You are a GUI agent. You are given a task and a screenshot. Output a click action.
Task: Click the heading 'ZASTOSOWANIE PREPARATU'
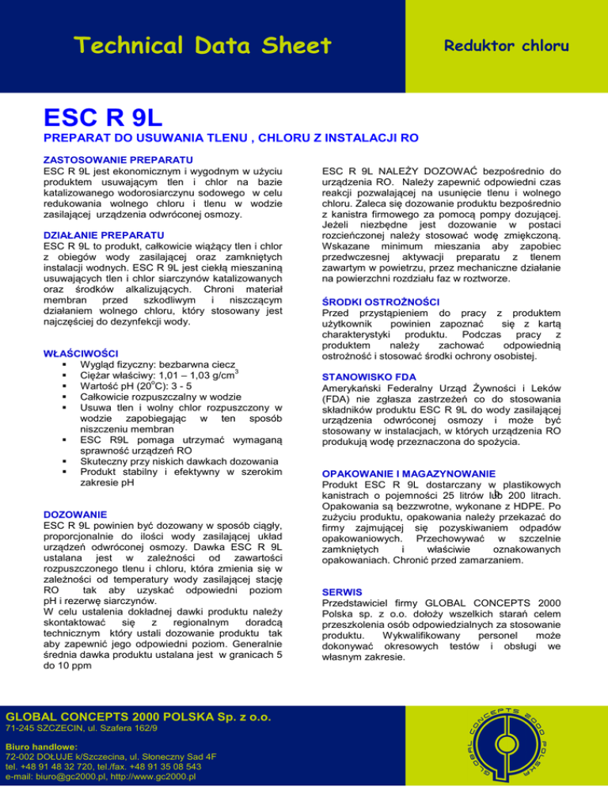pyautogui.click(x=108, y=158)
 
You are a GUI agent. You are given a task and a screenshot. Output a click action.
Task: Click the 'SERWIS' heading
pyautogui.click(x=344, y=591)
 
